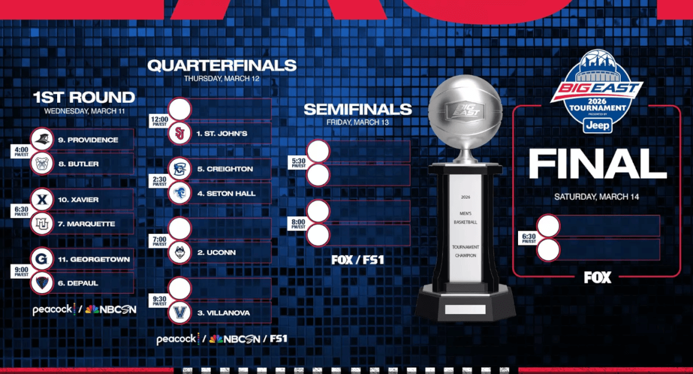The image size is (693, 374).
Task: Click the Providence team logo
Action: pos(42,140)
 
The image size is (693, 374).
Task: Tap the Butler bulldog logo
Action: pos(42,163)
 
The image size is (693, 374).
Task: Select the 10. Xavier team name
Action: pos(79,200)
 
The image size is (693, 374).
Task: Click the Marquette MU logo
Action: pos(42,223)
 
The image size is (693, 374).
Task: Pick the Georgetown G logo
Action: pos(42,259)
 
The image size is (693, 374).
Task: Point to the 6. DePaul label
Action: pos(78,283)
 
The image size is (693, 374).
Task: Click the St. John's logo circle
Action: pos(180,133)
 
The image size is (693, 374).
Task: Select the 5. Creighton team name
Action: pos(225,169)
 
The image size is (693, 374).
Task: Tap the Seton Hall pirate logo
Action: pos(180,193)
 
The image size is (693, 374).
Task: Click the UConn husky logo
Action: pos(180,253)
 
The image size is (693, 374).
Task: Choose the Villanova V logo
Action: pos(180,312)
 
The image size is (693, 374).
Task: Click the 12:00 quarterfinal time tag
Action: pos(159,121)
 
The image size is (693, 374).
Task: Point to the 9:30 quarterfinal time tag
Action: pos(159,301)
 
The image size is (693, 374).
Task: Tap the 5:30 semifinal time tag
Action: pos(299,163)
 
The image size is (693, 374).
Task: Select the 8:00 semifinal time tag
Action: pos(299,223)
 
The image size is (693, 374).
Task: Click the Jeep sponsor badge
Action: pos(597,125)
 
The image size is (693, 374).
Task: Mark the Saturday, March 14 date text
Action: pos(597,197)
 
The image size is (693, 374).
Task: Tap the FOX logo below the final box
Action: pos(597,277)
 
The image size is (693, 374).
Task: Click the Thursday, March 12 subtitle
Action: pos(222,78)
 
